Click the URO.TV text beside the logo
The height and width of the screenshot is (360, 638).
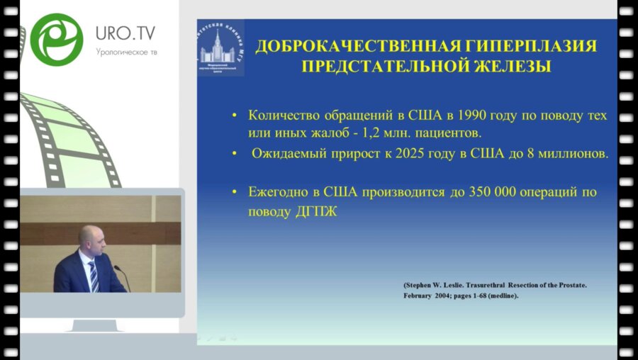coord(125,33)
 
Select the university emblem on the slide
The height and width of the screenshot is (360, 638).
coord(220,48)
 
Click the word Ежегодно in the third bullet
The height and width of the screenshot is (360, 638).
coord(278,192)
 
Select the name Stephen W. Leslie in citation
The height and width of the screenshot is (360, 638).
coord(440,285)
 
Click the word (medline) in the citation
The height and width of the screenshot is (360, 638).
coord(501,296)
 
